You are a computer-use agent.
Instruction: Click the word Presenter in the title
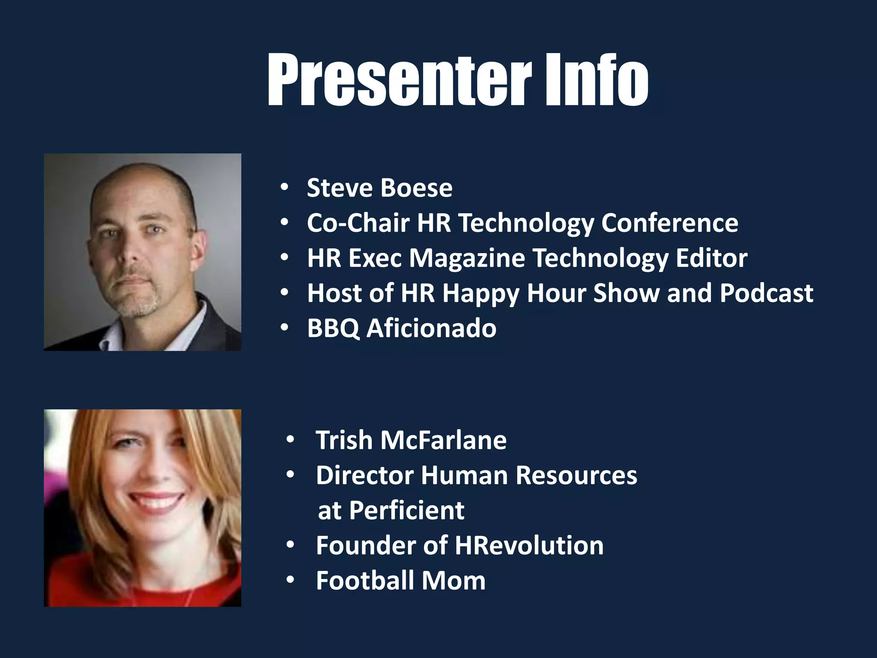click(399, 80)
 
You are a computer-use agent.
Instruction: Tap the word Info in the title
click(596, 80)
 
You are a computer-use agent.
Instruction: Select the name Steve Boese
click(379, 188)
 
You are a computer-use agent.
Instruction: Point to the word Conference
click(669, 223)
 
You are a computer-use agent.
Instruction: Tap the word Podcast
click(766, 293)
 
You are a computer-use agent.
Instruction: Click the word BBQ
click(333, 329)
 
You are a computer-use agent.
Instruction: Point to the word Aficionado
click(431, 329)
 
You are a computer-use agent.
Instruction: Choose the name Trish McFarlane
click(411, 440)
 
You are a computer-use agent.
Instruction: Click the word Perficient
click(406, 511)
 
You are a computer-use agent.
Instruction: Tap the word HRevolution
click(529, 546)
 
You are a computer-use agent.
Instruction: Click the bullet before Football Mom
click(291, 580)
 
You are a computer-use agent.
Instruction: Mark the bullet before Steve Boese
click(284, 188)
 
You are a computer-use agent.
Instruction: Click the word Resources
click(576, 476)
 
